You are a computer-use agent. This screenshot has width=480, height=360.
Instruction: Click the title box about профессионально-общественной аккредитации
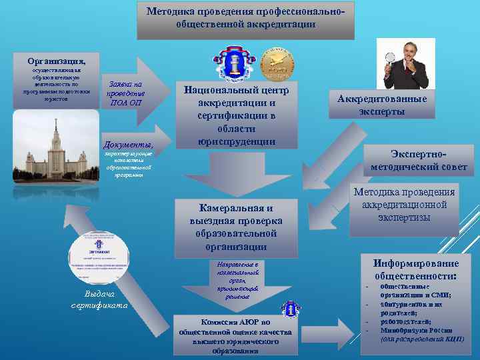click(246, 18)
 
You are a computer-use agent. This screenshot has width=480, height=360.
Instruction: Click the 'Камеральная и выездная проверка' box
click(236, 227)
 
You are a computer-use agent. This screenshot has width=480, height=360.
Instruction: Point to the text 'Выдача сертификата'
click(99, 300)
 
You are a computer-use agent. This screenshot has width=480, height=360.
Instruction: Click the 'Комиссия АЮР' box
click(226, 335)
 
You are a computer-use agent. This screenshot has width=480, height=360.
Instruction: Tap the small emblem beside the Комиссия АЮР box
click(290, 309)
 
